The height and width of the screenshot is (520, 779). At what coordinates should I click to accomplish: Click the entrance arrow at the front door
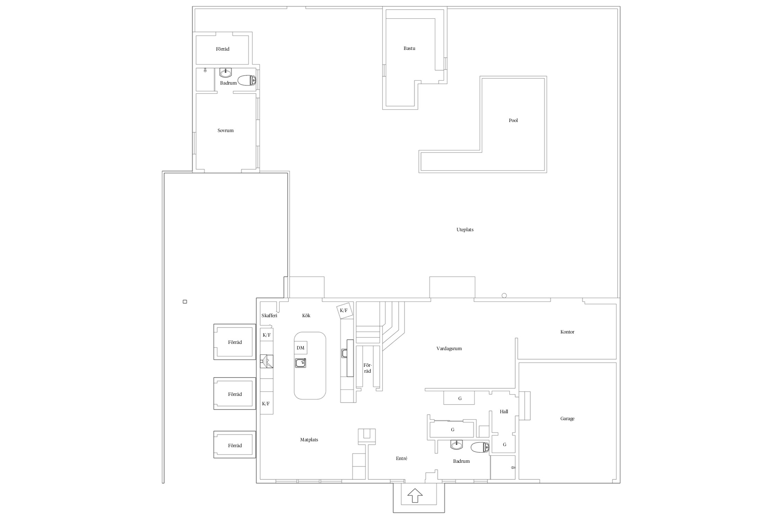click(x=415, y=496)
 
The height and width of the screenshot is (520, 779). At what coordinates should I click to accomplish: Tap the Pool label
click(x=513, y=121)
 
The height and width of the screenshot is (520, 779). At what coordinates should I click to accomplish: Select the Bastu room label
click(x=409, y=49)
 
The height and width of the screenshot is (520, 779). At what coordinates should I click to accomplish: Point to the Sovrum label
click(x=225, y=131)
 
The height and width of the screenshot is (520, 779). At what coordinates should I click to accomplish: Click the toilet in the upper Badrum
click(x=247, y=80)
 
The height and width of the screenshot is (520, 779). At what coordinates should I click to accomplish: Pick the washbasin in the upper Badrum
click(x=226, y=72)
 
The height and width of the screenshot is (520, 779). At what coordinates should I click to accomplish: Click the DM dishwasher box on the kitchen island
click(x=301, y=348)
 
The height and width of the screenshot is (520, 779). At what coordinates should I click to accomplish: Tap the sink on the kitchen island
click(x=301, y=363)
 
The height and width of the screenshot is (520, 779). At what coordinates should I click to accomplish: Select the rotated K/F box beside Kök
click(x=344, y=311)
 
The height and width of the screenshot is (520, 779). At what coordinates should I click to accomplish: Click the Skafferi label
click(x=269, y=316)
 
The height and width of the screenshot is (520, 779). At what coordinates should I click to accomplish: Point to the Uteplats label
click(x=465, y=230)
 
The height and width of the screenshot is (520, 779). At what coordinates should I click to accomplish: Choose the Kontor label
click(x=567, y=332)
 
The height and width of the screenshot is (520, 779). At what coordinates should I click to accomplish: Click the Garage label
click(x=567, y=419)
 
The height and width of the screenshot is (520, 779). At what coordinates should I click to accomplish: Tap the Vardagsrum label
click(x=449, y=349)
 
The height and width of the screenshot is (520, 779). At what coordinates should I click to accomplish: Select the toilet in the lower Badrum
click(x=480, y=447)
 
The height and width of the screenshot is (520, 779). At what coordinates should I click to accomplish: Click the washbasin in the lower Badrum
click(x=457, y=444)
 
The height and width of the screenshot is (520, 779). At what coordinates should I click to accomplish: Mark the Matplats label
click(x=309, y=440)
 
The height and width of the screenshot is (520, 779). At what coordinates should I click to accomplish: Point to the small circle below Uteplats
click(x=504, y=296)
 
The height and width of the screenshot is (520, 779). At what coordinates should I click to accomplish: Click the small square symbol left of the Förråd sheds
click(x=185, y=302)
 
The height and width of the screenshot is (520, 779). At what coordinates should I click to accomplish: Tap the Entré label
click(x=402, y=459)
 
